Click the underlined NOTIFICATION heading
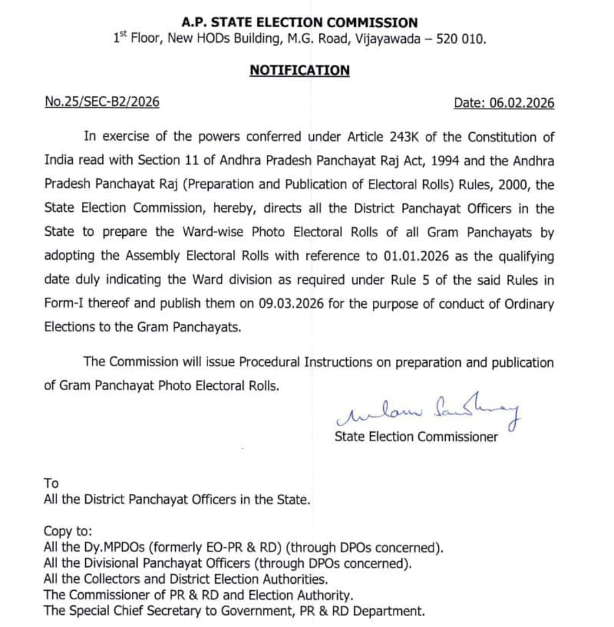[x=300, y=70]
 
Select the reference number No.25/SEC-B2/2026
[x=102, y=102]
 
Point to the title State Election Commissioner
[x=416, y=437]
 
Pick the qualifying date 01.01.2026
[x=416, y=257]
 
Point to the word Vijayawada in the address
[x=386, y=40]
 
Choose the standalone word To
[x=51, y=483]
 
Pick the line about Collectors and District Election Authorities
[x=185, y=580]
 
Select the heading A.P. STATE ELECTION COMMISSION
[x=300, y=23]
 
